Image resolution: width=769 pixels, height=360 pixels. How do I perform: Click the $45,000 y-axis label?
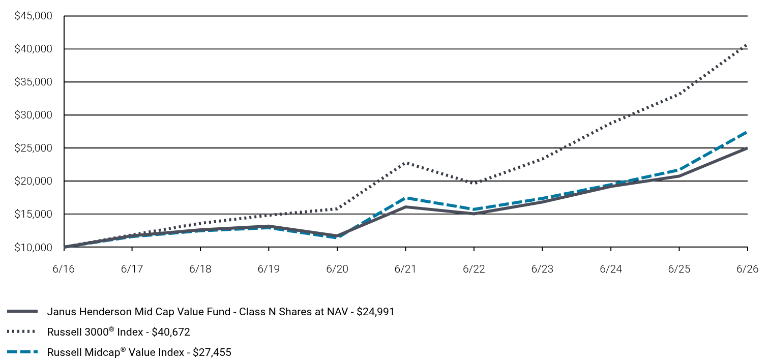point(33,16)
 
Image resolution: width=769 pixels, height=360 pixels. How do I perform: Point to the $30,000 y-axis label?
point(33,115)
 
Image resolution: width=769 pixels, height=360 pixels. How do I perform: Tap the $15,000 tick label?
point(33,214)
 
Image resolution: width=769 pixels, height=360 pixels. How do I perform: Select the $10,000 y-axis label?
point(33,248)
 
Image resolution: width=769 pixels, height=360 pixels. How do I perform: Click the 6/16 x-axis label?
point(64,268)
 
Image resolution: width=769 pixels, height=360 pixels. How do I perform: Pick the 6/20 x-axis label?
point(337,268)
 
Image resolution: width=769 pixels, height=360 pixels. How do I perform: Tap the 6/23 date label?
point(542,268)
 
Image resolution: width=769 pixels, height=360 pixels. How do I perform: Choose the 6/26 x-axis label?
point(747,268)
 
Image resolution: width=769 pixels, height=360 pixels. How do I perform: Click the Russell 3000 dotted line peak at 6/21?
point(406,163)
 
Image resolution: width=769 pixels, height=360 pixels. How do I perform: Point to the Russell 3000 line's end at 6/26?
point(747,45)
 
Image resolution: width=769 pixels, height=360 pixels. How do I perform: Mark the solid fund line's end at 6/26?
point(747,148)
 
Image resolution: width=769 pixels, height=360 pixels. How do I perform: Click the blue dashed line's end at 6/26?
point(747,132)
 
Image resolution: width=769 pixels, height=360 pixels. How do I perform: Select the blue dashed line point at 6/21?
point(406,198)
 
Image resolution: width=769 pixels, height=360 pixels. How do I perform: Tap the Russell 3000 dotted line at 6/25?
point(679,94)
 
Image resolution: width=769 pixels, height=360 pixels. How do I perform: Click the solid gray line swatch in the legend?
point(22,311)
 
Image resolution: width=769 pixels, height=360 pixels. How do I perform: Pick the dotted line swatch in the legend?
point(21,332)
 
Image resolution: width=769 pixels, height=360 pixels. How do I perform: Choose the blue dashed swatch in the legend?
point(22,352)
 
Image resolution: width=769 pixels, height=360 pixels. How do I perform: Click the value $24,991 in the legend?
point(375,312)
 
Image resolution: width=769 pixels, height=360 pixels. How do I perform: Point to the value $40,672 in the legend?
point(171,332)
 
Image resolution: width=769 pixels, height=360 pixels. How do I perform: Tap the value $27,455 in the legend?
point(212,352)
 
